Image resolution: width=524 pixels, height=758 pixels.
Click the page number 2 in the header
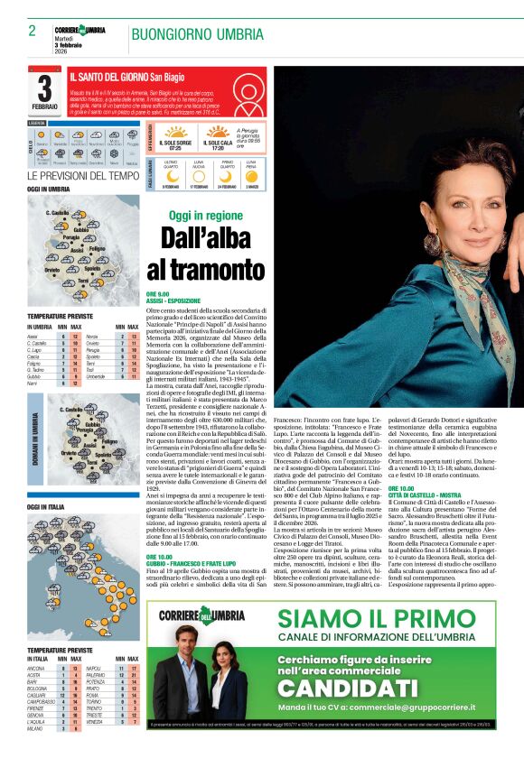coord(32,31)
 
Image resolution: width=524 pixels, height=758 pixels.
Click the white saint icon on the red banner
coord(245,94)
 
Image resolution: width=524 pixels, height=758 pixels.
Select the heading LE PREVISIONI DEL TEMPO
coord(83,176)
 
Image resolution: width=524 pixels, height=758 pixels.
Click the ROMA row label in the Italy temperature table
coord(93,696)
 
